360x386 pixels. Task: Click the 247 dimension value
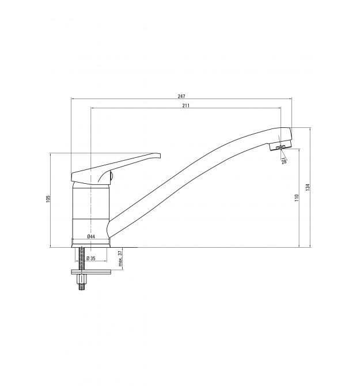[x=181, y=96]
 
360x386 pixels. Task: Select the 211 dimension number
[x=186, y=105]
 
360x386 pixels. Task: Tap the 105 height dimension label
[x=48, y=199]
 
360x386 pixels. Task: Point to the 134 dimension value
[x=308, y=187]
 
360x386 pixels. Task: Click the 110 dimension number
[x=297, y=198]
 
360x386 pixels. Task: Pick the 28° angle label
[x=284, y=162]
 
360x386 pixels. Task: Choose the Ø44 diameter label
[x=91, y=236]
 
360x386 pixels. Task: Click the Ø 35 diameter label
[x=91, y=258]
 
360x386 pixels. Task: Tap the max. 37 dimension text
[x=120, y=259]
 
